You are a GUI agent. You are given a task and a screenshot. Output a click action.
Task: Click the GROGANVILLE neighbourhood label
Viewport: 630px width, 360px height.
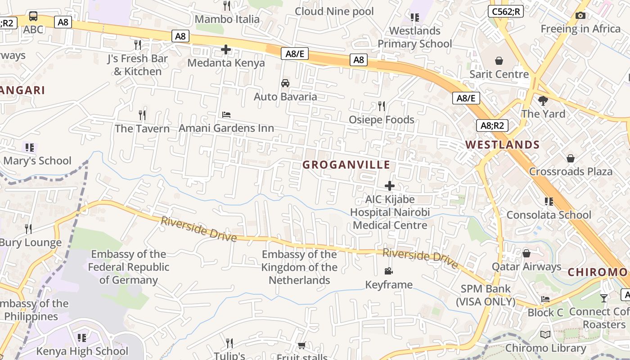(x=346, y=165)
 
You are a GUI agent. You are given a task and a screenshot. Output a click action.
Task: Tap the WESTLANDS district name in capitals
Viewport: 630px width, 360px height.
(x=502, y=144)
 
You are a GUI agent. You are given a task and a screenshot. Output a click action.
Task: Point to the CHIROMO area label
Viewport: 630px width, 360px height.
(x=597, y=272)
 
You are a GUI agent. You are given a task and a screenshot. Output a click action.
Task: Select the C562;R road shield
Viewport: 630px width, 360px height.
(x=506, y=12)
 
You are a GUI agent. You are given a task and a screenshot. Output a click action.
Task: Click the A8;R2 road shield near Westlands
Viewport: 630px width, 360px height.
(x=492, y=125)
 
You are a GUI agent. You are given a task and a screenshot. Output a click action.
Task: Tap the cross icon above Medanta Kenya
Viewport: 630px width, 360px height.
(x=226, y=49)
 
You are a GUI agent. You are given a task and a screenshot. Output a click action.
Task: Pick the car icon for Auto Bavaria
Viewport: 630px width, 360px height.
(x=285, y=83)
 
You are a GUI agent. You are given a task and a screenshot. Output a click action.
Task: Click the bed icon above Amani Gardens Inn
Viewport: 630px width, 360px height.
(x=226, y=115)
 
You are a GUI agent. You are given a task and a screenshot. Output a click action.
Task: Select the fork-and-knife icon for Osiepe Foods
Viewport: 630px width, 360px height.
(x=381, y=106)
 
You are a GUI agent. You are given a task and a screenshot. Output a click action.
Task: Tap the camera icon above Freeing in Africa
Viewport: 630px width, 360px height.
(x=580, y=16)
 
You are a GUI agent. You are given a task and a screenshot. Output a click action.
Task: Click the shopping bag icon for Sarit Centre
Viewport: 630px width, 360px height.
(x=499, y=61)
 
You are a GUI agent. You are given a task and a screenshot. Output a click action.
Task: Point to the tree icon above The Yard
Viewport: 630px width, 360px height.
(x=543, y=100)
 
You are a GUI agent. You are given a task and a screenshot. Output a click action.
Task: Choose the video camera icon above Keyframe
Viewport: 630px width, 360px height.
(x=389, y=271)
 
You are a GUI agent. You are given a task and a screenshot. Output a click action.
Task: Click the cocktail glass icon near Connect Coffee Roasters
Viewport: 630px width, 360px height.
(x=604, y=298)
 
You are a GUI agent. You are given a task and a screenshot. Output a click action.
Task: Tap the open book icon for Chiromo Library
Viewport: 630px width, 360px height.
(x=545, y=334)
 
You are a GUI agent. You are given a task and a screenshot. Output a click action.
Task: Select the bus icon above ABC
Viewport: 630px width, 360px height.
(x=33, y=17)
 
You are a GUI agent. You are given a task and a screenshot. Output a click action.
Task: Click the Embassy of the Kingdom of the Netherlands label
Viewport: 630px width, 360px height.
(x=300, y=267)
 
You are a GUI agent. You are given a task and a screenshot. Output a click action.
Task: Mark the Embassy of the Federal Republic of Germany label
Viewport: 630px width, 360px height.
(x=129, y=267)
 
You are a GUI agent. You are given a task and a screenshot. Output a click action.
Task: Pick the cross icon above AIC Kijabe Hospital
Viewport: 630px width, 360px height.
(x=390, y=185)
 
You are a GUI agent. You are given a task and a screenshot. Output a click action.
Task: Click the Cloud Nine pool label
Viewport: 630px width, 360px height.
(x=334, y=11)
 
